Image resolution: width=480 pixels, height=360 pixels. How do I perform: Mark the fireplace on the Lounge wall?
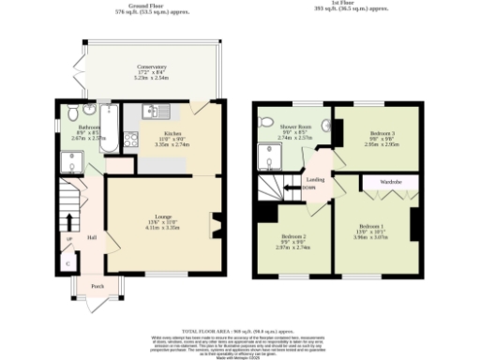[x=216, y=225]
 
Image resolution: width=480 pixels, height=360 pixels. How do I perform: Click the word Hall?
[x=93, y=237]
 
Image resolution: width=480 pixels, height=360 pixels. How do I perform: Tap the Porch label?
[x=97, y=285]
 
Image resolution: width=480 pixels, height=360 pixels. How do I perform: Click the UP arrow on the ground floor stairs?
[x=68, y=240]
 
